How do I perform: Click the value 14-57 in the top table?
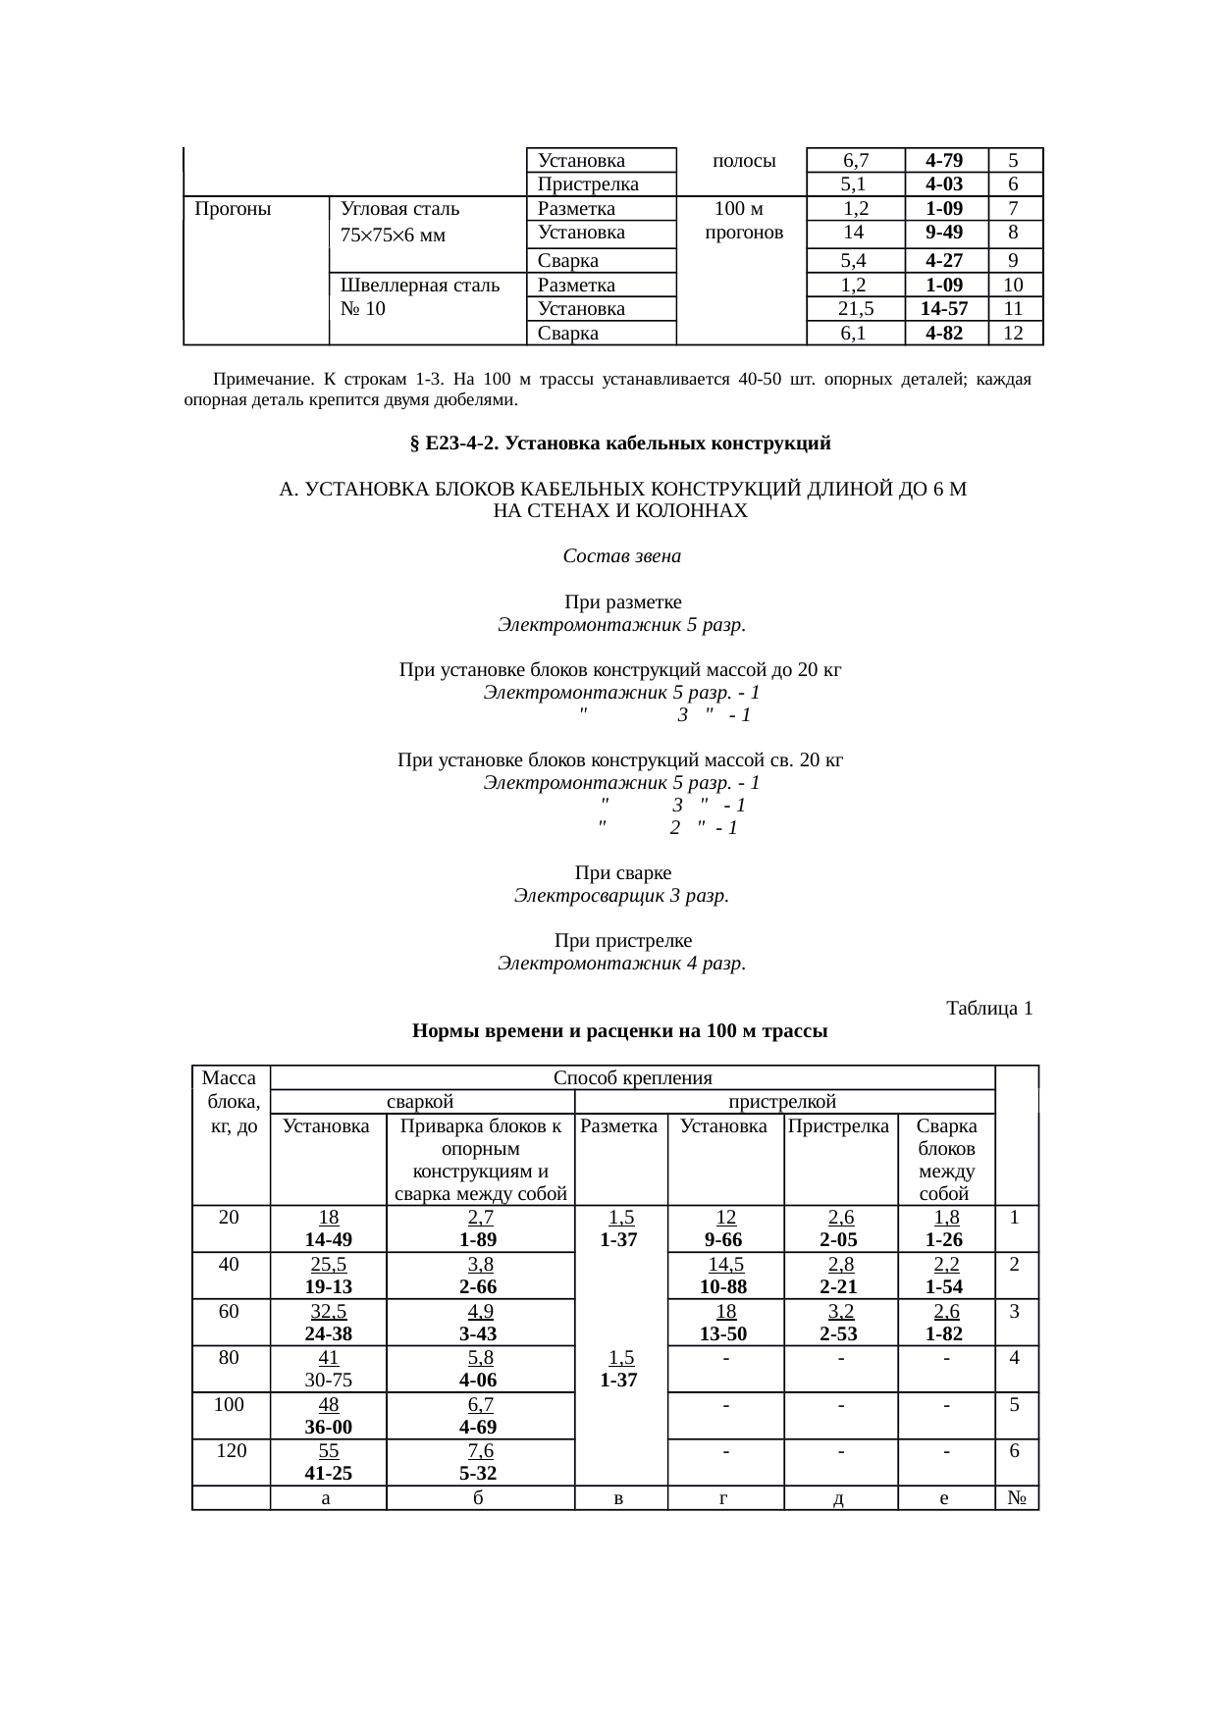[945, 309]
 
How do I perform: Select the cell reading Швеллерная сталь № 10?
[419, 297]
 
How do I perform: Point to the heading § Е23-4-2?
[619, 444]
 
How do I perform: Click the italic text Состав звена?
[621, 556]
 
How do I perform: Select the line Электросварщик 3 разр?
[621, 896]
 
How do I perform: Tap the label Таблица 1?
[988, 1009]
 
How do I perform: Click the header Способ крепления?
[632, 1078]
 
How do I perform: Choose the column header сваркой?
[420, 1102]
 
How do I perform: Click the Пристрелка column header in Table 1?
[839, 1126]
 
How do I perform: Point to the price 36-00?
[328, 1427]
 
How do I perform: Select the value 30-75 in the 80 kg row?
[328, 1380]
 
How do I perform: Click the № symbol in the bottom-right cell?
[1016, 1498]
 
